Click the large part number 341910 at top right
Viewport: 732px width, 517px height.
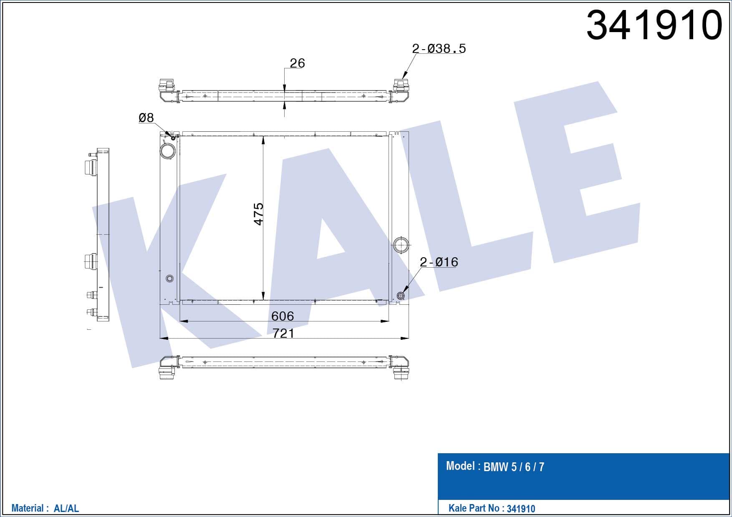click(x=654, y=25)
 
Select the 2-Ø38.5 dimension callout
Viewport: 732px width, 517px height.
click(x=439, y=49)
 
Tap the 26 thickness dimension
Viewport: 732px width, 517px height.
click(x=297, y=63)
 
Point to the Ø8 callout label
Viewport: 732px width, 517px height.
click(x=146, y=118)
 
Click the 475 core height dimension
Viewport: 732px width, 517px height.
click(x=259, y=214)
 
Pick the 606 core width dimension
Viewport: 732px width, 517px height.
click(x=283, y=316)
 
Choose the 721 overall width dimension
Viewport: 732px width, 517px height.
click(x=283, y=333)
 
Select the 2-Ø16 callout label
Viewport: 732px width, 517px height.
click(x=439, y=262)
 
